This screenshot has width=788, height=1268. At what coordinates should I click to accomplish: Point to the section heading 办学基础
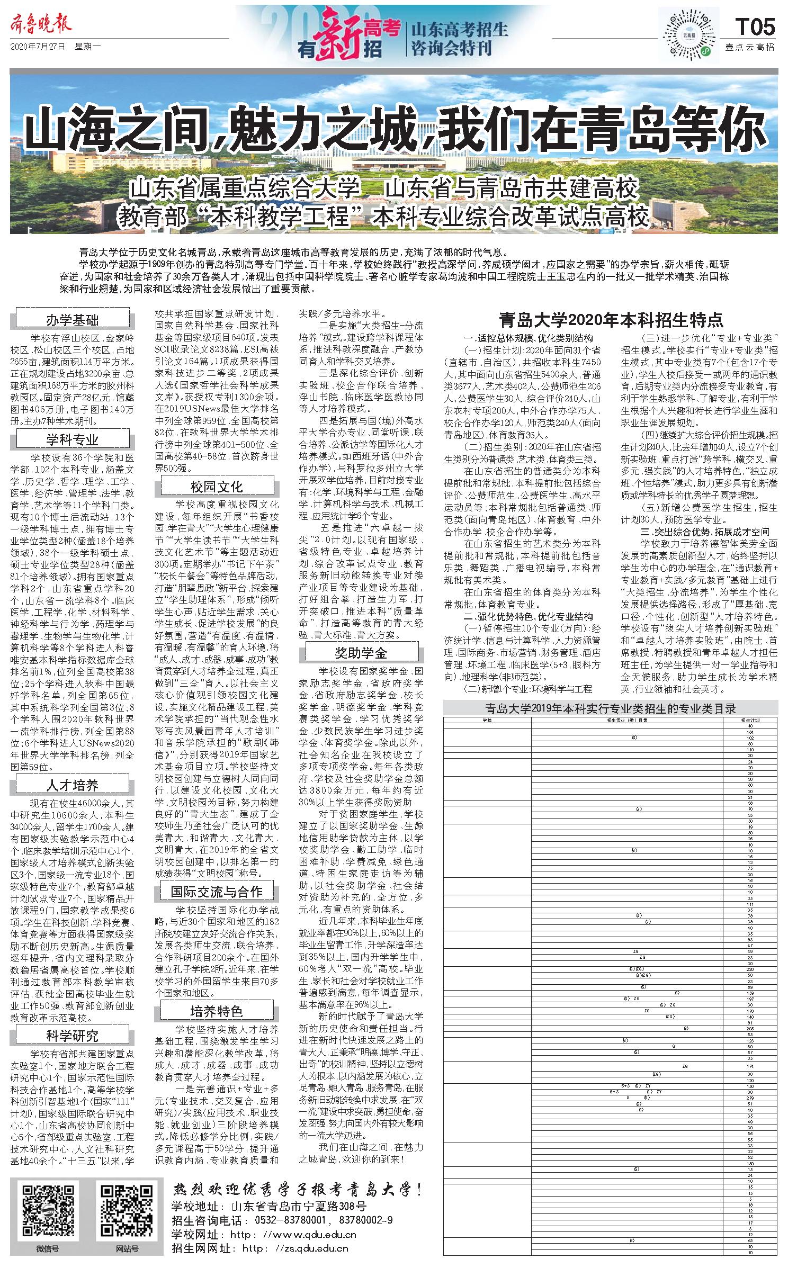pyautogui.click(x=73, y=320)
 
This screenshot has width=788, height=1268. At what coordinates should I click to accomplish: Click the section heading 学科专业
pyautogui.click(x=73, y=439)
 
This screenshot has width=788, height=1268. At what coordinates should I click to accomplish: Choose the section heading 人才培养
pyautogui.click(x=73, y=785)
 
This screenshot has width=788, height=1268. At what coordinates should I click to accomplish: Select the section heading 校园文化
pyautogui.click(x=217, y=487)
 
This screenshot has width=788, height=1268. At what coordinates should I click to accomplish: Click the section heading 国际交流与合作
pyautogui.click(x=217, y=891)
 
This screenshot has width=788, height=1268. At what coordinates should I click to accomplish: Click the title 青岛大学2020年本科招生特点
pyautogui.click(x=611, y=320)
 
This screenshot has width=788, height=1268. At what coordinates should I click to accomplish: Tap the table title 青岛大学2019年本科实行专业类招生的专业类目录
pyautogui.click(x=611, y=708)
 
